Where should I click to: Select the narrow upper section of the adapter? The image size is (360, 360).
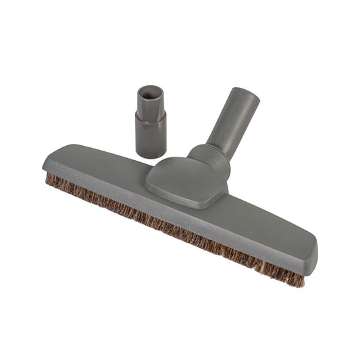pos(150,102)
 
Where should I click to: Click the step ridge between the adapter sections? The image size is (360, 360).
pos(151,113)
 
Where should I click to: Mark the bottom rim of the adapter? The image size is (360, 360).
pos(151,155)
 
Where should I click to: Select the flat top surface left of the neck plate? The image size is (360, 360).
pos(101,165)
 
